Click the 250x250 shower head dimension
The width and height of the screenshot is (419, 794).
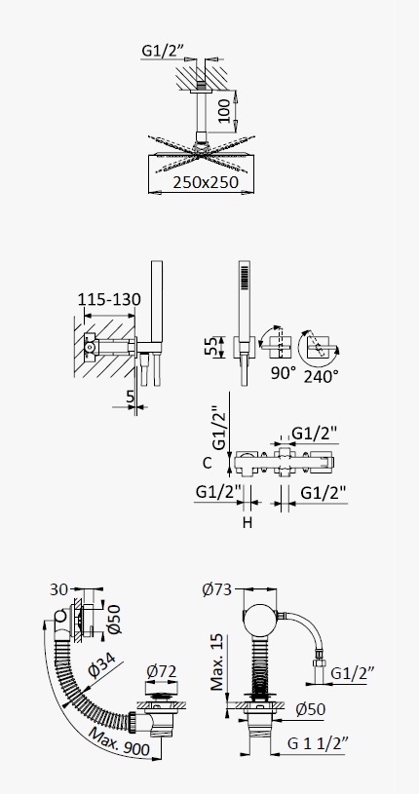pyautogui.click(x=206, y=182)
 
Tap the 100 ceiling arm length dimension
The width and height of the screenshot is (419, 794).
pyautogui.click(x=225, y=111)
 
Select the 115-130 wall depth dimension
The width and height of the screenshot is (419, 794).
pyautogui.click(x=109, y=299)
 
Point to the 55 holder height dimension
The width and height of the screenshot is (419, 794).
pyautogui.click(x=214, y=347)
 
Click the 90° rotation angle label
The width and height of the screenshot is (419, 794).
pyautogui.click(x=284, y=373)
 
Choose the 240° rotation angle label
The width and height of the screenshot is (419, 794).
pyautogui.click(x=322, y=376)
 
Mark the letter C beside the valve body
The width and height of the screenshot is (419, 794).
pyautogui.click(x=207, y=463)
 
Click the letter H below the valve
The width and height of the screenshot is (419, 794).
pyautogui.click(x=247, y=522)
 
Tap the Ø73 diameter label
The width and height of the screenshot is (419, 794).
pyautogui.click(x=216, y=589)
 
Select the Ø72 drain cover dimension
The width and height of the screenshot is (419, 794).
pyautogui.click(x=162, y=671)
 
